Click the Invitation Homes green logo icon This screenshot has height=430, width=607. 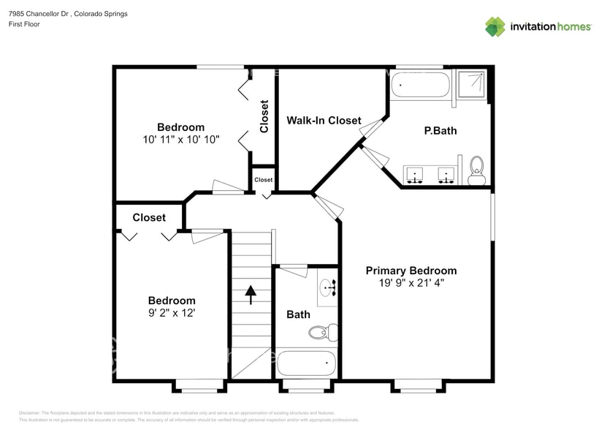click(495, 27)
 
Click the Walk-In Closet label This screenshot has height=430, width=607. click(324, 120)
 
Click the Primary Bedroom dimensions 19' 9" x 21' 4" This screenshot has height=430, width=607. click(411, 282)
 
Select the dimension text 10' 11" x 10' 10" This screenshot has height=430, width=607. click(181, 138)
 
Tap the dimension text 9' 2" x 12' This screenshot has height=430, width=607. click(172, 312)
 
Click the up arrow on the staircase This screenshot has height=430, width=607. click(251, 294)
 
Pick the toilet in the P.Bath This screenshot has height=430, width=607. click(477, 166)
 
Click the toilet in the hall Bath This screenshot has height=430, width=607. click(319, 333)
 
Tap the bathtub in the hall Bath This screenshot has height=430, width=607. click(307, 363)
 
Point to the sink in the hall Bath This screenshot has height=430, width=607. click(329, 288)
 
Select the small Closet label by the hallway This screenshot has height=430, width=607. click(263, 179)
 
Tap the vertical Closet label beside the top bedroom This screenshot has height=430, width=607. click(264, 116)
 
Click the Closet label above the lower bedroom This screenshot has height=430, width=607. click(149, 217)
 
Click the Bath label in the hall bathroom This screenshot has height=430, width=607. click(298, 314)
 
